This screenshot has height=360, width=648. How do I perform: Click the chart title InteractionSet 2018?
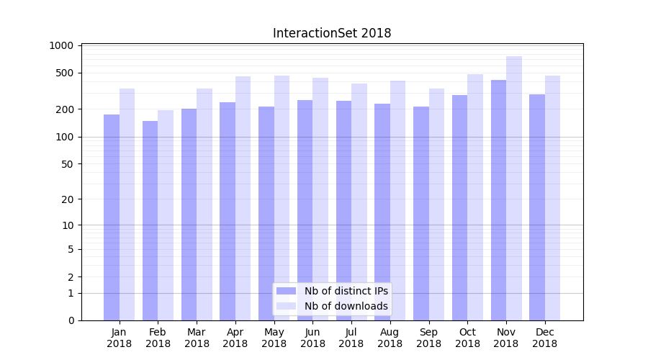click(x=332, y=33)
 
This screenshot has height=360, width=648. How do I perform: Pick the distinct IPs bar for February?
click(x=150, y=220)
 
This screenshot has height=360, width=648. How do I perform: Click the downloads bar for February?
click(x=166, y=215)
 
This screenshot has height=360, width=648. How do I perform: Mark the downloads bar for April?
click(x=243, y=199)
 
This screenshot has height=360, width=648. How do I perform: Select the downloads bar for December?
click(x=552, y=198)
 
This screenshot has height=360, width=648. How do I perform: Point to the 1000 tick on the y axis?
click(x=62, y=45)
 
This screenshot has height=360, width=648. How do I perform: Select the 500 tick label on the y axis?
click(x=65, y=73)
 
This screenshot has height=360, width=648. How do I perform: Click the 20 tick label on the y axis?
click(x=67, y=199)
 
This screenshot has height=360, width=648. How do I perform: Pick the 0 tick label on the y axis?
click(x=71, y=320)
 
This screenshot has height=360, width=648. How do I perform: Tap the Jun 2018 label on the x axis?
click(x=312, y=338)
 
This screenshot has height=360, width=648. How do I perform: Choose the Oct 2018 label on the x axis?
click(x=467, y=338)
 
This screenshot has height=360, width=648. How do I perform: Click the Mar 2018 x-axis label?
click(x=197, y=338)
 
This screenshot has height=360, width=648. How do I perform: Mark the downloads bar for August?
click(x=397, y=201)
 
